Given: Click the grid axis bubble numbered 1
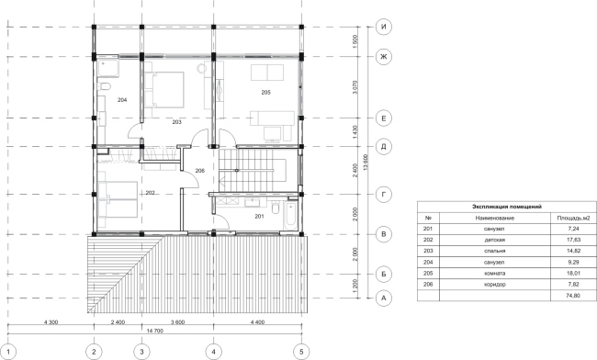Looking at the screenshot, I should coord(7,350).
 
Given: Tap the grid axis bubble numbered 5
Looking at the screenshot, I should coord(299,350).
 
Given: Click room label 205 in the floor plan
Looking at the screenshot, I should coord(265,93).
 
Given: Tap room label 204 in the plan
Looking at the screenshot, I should coord(121,99).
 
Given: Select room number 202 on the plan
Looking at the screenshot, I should coord(150,193).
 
